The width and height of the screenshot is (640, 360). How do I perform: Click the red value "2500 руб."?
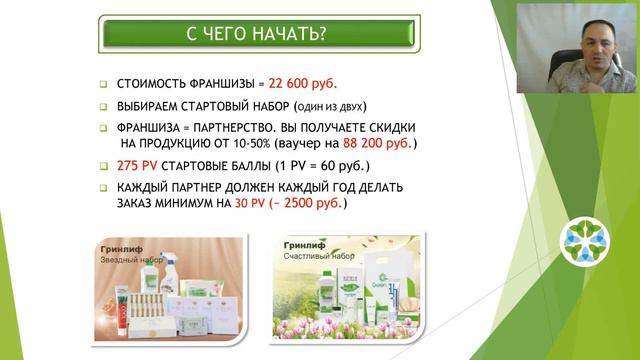pos(312,202)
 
